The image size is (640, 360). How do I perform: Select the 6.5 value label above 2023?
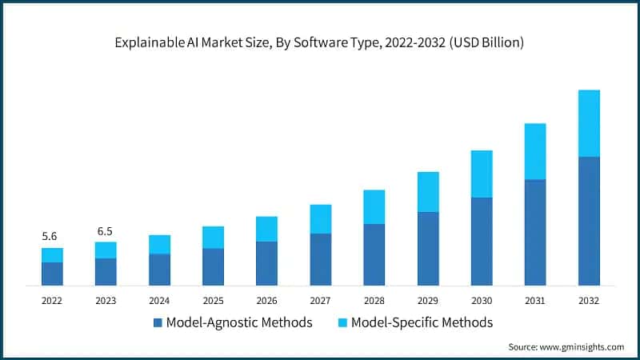[106, 231]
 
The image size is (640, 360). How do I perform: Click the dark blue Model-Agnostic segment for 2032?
[589, 221]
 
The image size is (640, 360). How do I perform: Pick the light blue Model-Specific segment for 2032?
[589, 123]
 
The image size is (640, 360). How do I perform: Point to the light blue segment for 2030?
[482, 174]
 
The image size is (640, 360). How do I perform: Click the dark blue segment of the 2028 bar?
[374, 254]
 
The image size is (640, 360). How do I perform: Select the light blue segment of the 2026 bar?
[266, 229]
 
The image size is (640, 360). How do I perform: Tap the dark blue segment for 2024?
[159, 270]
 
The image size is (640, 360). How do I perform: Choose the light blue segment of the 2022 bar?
[52, 255]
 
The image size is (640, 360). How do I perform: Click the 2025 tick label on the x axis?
[213, 300]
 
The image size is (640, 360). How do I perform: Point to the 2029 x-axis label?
[428, 300]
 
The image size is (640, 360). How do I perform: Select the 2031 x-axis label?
[535, 300]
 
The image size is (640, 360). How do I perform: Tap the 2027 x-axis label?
[321, 300]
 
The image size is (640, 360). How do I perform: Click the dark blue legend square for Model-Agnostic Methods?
[157, 322]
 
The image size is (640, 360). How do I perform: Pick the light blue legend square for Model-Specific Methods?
[342, 322]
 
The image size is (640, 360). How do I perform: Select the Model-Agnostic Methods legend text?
[238, 322]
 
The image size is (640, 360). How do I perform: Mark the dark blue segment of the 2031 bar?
[535, 232]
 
